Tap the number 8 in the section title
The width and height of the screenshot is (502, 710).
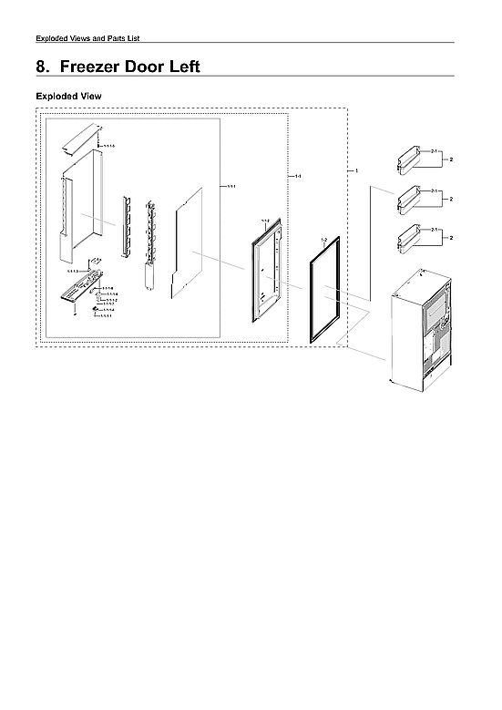point(41,67)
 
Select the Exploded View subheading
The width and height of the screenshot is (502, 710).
point(68,96)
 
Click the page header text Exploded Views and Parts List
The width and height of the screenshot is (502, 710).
point(87,37)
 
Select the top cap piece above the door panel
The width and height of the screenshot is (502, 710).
point(81,137)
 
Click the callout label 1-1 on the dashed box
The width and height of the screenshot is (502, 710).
point(299,175)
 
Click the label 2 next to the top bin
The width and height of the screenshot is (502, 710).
point(451,159)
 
